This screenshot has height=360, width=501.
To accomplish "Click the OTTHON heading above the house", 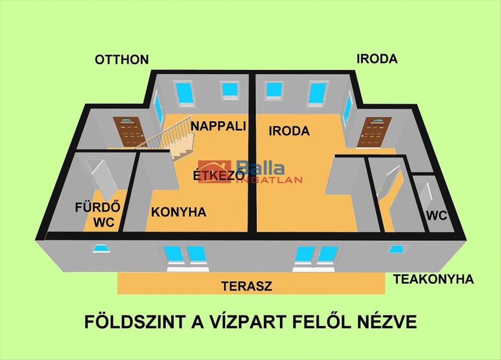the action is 121,60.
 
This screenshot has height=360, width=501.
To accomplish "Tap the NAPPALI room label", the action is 218,126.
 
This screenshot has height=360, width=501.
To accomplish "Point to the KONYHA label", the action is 179,212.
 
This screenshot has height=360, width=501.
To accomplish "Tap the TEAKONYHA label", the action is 433,279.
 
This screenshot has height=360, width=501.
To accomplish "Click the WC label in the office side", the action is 437,215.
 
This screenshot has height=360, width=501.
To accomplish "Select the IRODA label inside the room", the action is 289,131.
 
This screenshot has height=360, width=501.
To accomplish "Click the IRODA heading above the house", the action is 377,59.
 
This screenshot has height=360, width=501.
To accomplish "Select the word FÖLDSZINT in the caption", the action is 136,322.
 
